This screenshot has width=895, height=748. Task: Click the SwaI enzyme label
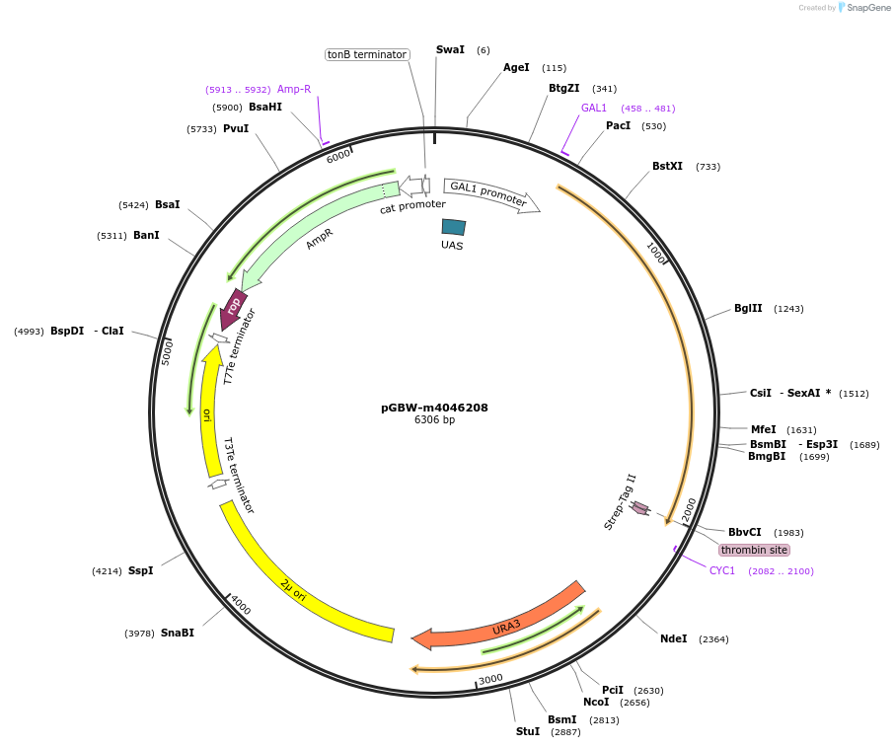450,49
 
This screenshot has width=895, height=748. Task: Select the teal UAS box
453,227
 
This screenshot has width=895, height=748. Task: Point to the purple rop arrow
233,308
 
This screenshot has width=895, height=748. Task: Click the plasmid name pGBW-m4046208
434,408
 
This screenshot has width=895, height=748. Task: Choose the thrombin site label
754,550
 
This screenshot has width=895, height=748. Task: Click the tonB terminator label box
367,54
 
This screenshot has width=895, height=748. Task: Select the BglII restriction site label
748,308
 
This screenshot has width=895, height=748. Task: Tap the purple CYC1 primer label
722,570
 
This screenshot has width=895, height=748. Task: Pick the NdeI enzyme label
673,638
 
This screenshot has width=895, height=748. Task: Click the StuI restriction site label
528,731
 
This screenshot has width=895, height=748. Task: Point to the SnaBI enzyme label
178,633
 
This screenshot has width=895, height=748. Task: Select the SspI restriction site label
140,570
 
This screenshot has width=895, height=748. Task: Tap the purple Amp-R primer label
294,89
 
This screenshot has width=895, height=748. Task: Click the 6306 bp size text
434,420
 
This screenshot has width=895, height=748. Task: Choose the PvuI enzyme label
236,128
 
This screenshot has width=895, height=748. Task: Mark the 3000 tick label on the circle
490,679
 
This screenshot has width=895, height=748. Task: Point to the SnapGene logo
859,8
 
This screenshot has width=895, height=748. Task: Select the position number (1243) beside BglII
788,309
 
